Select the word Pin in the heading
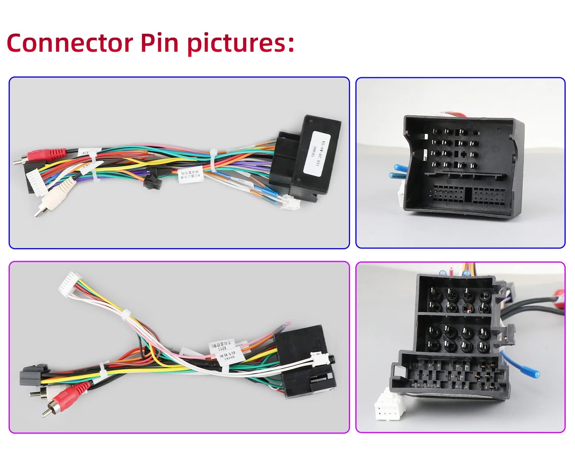click(159, 43)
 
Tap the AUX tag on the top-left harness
click(85, 152)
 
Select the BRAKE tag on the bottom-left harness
click(230, 359)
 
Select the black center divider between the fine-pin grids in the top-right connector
click(468, 194)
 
